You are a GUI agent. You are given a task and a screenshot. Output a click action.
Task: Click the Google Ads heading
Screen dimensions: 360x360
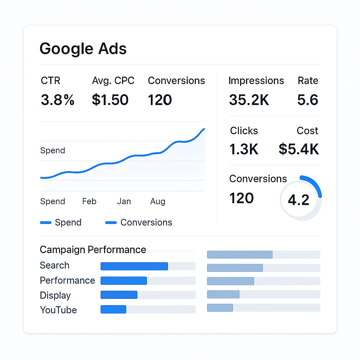pyautogui.click(x=83, y=49)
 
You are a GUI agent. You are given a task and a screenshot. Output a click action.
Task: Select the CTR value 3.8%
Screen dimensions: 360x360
pyautogui.click(x=58, y=100)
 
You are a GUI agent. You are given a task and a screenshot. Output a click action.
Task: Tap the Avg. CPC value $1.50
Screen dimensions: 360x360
pyautogui.click(x=110, y=100)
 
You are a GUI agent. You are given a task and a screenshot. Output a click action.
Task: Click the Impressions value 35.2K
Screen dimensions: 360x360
pyautogui.click(x=249, y=100)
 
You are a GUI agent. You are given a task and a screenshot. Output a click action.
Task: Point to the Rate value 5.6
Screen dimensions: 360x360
pyautogui.click(x=308, y=100)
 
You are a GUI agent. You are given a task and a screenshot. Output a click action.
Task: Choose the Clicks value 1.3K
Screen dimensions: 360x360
pyautogui.click(x=244, y=149)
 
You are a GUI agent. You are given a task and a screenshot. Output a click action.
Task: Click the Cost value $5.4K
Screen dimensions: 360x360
pyautogui.click(x=299, y=149)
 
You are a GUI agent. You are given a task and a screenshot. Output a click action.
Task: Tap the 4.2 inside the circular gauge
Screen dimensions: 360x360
pyautogui.click(x=298, y=200)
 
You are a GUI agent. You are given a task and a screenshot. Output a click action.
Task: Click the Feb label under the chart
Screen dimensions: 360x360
pyautogui.click(x=89, y=201)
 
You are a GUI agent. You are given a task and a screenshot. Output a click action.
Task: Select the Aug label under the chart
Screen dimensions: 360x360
pyautogui.click(x=157, y=201)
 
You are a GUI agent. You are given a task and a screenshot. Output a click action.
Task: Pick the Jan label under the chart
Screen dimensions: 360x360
pyautogui.click(x=124, y=201)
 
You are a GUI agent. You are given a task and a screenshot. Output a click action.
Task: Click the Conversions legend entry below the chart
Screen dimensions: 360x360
pyautogui.click(x=139, y=223)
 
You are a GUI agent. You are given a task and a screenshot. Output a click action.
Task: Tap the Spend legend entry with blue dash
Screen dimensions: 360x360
pyautogui.click(x=61, y=223)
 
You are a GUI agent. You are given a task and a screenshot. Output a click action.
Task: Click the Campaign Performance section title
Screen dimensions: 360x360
pyautogui.click(x=93, y=250)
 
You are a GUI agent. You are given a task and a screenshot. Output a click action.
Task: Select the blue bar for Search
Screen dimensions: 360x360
pyautogui.click(x=134, y=266)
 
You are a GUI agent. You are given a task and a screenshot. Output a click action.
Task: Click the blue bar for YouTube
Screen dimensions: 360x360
pyautogui.click(x=113, y=309)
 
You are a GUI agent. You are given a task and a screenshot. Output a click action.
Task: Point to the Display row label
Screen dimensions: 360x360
pyautogui.click(x=55, y=295)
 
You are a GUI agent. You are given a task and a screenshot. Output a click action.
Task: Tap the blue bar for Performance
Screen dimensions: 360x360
pyautogui.click(x=123, y=281)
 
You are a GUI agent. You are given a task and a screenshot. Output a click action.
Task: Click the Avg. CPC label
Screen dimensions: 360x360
pyautogui.click(x=113, y=81)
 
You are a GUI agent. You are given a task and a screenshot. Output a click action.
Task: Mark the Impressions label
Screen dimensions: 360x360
pyautogui.click(x=256, y=81)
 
